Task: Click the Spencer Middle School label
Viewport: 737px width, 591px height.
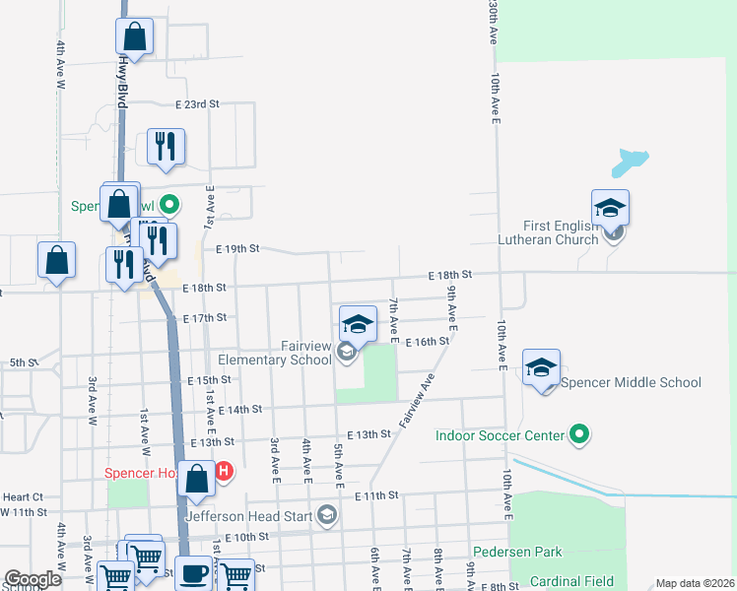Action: [x=632, y=383]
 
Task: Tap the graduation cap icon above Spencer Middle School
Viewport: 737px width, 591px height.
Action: [x=541, y=368]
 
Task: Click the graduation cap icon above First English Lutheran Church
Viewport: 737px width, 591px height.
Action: [x=610, y=208]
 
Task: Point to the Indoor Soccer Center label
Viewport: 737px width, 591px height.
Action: [x=501, y=434]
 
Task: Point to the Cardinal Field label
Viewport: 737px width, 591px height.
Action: [x=571, y=581]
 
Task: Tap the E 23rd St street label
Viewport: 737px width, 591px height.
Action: [x=197, y=103]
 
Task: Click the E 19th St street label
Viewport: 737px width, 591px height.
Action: [x=237, y=250]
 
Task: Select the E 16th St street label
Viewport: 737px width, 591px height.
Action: [x=429, y=341]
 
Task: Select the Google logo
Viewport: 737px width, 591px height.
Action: [x=33, y=579]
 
